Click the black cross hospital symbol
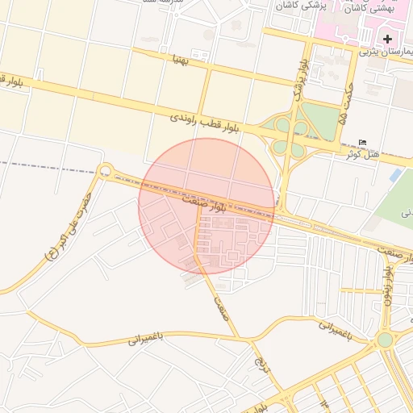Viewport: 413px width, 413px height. click(x=387, y=39)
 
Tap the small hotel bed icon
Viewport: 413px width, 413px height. click(x=362, y=143)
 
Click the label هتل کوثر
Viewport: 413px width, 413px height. click(x=356, y=152)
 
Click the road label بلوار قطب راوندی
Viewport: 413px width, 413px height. click(x=205, y=124)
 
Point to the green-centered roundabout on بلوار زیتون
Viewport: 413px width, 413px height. click(x=386, y=340)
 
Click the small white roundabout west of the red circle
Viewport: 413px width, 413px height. click(x=105, y=171)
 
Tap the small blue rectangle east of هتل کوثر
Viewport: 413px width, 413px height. click(x=394, y=175)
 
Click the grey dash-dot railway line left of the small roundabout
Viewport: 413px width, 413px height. click(x=48, y=168)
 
